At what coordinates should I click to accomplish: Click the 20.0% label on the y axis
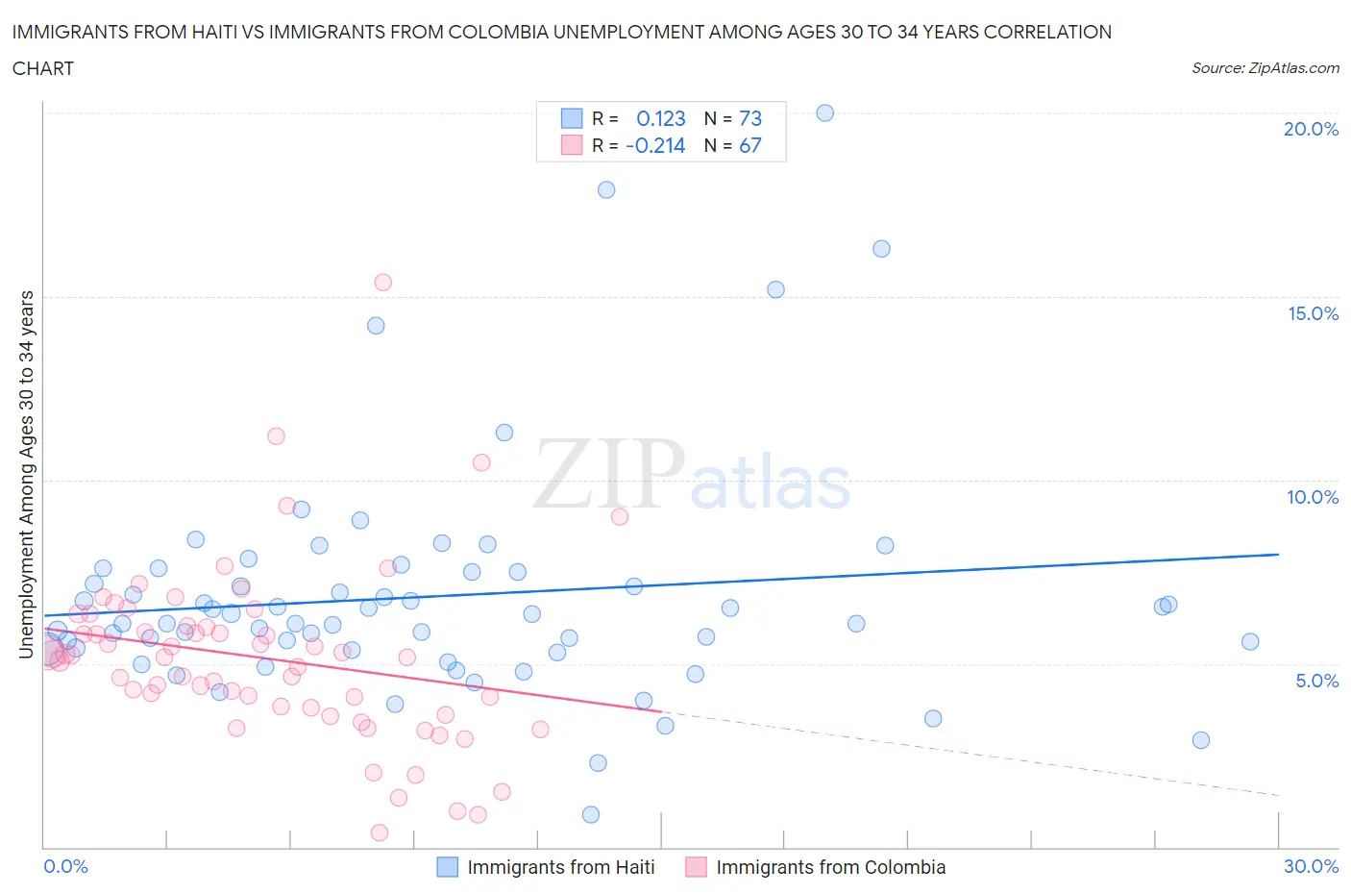tap(1311, 129)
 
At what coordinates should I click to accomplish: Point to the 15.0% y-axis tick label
tap(1313, 313)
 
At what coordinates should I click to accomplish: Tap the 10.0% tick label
tap(1313, 497)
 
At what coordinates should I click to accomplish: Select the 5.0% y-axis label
tap(1316, 681)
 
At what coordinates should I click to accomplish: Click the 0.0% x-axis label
tap(65, 866)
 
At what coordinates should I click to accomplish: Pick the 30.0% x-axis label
tap(1311, 866)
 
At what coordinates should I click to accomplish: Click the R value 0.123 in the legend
tap(661, 118)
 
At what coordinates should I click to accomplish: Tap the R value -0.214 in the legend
tap(655, 145)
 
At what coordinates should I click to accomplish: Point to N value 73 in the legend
tap(749, 118)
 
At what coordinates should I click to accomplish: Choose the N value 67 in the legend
tap(749, 145)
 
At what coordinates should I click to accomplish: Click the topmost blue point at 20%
tap(824, 112)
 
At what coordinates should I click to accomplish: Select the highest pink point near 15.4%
tap(382, 282)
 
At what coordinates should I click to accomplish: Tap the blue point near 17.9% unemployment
tap(606, 189)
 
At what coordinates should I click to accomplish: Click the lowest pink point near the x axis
tap(380, 832)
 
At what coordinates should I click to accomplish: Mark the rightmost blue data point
tap(1250, 641)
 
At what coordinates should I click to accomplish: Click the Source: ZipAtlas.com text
tap(1265, 67)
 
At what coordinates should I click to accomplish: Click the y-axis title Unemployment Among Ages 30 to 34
tap(27, 474)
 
